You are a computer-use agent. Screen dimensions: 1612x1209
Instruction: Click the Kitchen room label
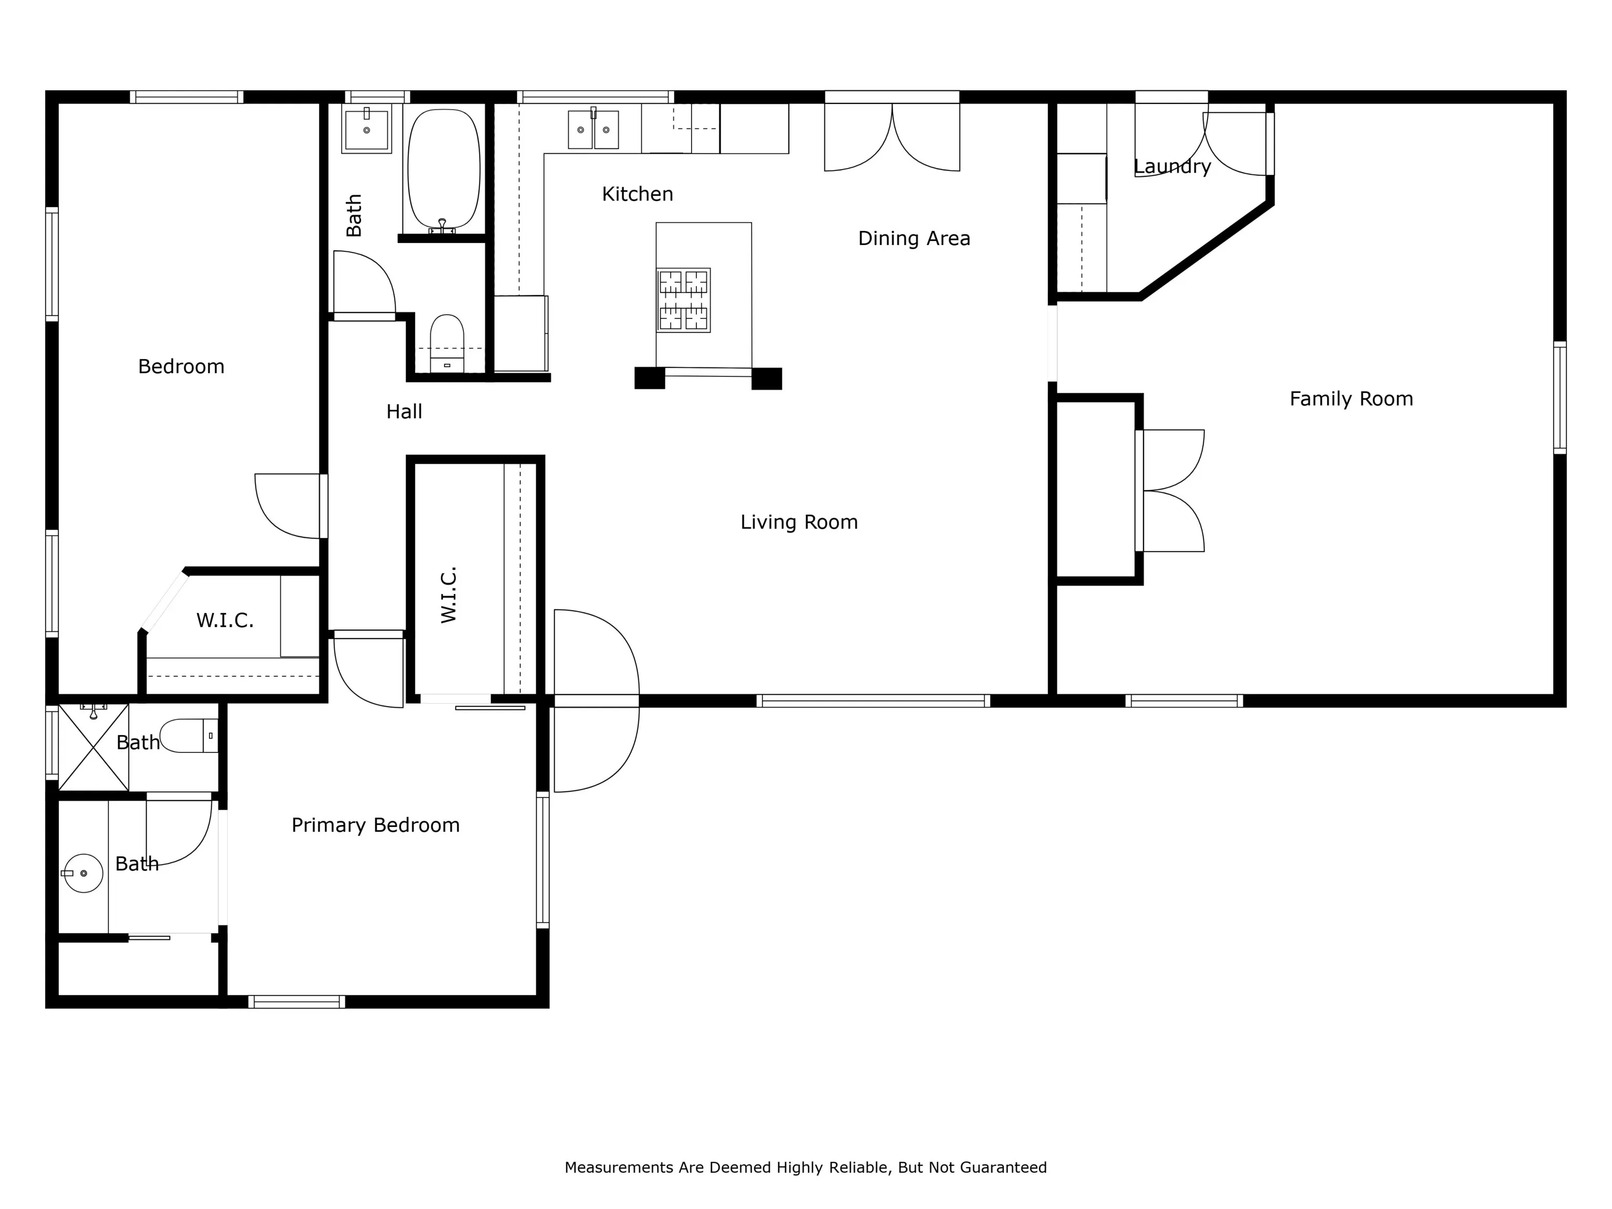tap(637, 194)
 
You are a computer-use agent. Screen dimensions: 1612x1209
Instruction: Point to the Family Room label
tap(1351, 399)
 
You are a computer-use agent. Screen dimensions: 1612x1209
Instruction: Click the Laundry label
tap(1172, 167)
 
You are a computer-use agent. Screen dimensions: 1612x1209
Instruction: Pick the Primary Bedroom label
tap(375, 825)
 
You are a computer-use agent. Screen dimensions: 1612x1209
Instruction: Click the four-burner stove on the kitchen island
tap(684, 300)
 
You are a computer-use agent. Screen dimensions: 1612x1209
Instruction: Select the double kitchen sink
tap(593, 129)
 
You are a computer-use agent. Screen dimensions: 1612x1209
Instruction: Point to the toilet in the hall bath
tap(447, 343)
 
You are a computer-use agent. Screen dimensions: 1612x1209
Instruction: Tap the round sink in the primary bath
tap(83, 873)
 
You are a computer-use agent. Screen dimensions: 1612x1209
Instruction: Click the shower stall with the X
tap(93, 747)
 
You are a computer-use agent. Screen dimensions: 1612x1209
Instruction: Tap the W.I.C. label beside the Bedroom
tap(225, 621)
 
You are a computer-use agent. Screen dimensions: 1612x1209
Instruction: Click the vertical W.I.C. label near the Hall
tap(448, 595)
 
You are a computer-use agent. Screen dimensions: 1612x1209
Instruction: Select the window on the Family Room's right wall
tap(1560, 398)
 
